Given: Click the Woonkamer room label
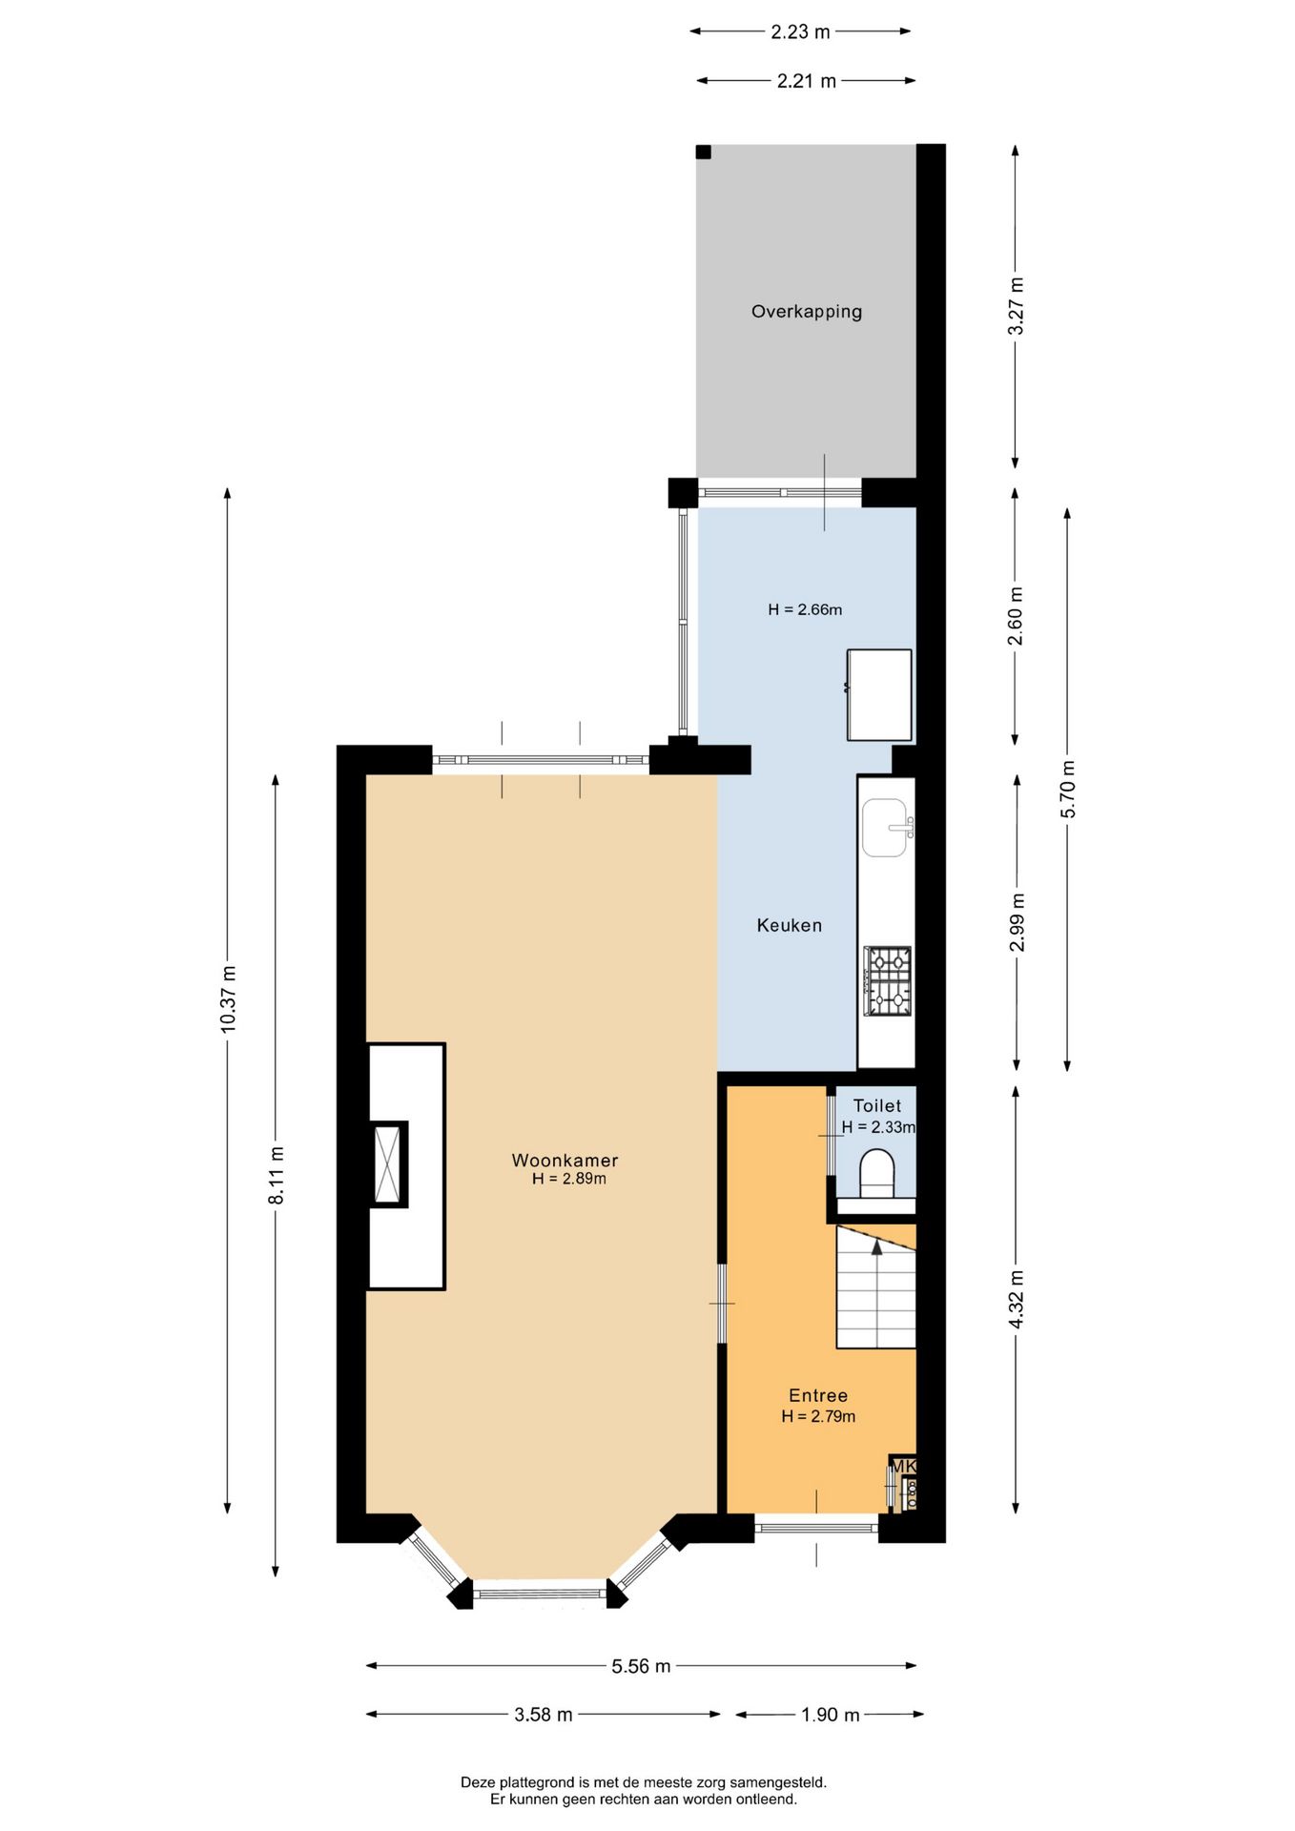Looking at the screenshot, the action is coord(565,1161).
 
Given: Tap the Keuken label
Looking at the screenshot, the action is coord(789,925).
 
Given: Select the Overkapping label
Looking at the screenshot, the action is coord(806,312).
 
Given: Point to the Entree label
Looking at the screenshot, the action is coord(817,1395).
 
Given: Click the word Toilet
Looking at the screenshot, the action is coord(876,1105).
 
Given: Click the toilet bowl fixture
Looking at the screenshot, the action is coord(877,1173).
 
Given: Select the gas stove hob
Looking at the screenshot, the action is coord(887,980).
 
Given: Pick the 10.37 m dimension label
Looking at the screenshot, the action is coord(228,998).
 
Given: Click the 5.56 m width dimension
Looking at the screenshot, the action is coord(641,1666).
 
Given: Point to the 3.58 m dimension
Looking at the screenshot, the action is coord(544,1715).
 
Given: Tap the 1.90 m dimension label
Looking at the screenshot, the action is coord(830,1715).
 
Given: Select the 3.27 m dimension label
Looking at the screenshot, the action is coord(1016,305).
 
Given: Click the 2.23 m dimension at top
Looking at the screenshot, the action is coord(800,31).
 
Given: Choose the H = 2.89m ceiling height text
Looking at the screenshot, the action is coord(568,1179).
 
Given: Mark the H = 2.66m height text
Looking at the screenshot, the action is coord(805,609).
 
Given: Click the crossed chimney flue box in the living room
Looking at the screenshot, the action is coord(388,1163).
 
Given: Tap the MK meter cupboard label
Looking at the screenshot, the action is coord(903,1466).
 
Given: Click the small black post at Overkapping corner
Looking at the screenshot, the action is coord(703,152).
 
